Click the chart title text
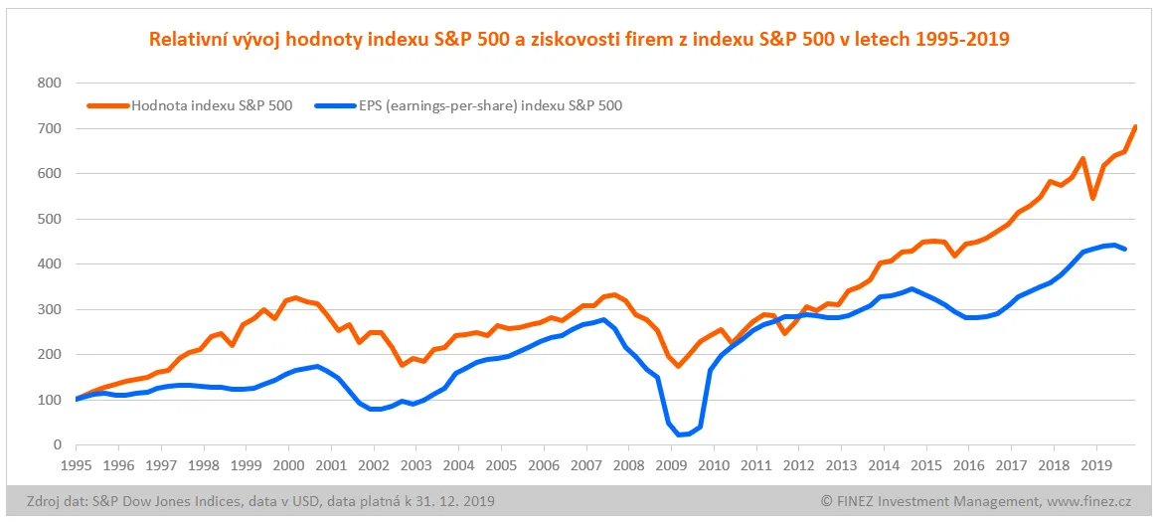(x=579, y=40)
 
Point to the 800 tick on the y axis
(x=49, y=83)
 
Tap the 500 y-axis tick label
(x=49, y=219)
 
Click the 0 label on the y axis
(x=56, y=445)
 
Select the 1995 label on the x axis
(x=77, y=464)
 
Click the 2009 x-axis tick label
(x=671, y=464)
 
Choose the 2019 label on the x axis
(x=1095, y=464)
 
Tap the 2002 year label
(x=374, y=464)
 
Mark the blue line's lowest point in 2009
(x=680, y=435)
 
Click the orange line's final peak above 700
(x=1135, y=126)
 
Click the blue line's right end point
(x=1124, y=250)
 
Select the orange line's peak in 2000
(x=296, y=297)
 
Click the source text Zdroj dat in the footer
(x=54, y=500)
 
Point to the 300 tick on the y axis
(x=49, y=309)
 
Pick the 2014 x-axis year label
(x=883, y=464)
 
